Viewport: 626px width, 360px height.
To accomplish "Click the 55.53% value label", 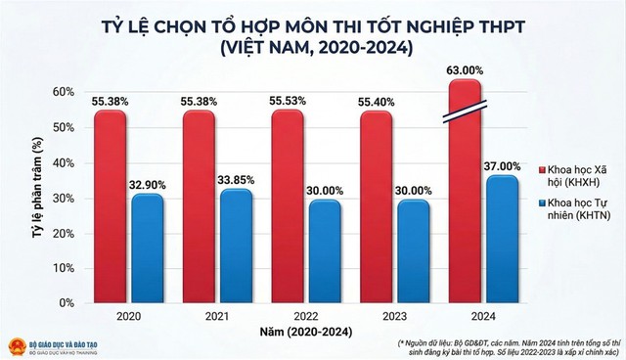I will coord(283,101).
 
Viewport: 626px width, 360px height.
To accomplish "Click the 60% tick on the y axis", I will coord(64,92).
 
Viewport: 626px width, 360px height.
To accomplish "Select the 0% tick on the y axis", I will coord(67,302).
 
